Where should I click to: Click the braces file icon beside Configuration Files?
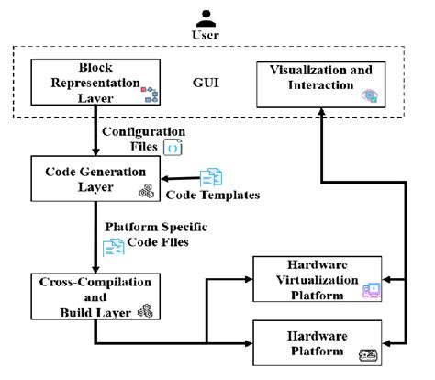coord(172,146)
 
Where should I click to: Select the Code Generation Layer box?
coord(89,178)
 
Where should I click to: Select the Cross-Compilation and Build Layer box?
coord(89,296)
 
